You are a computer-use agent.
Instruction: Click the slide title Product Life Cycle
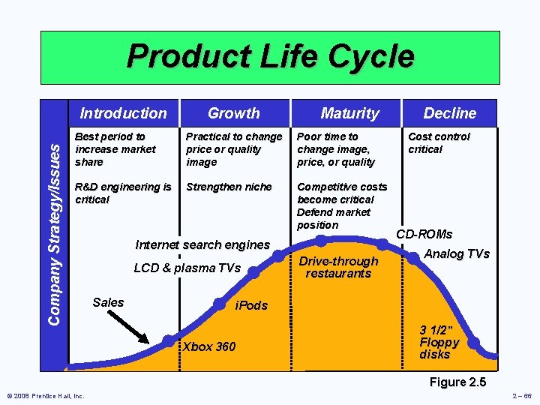270,57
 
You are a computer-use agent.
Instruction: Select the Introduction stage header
123,113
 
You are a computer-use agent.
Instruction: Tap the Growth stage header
233,113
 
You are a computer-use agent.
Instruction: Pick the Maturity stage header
349,113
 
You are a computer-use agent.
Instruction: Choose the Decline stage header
449,113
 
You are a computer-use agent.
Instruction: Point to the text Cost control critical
439,142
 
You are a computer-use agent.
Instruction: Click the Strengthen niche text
229,187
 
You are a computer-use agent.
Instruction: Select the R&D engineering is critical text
123,193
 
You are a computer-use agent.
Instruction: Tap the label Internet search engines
202,244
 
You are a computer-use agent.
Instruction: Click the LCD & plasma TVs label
187,268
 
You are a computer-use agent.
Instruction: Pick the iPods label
251,306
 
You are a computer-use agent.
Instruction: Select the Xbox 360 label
209,346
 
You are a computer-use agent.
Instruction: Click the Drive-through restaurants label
338,267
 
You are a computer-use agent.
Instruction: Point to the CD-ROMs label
424,234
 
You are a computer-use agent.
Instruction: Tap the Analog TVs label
456,254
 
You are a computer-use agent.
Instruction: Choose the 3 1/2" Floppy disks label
439,342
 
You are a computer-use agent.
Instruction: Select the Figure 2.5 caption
457,382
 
